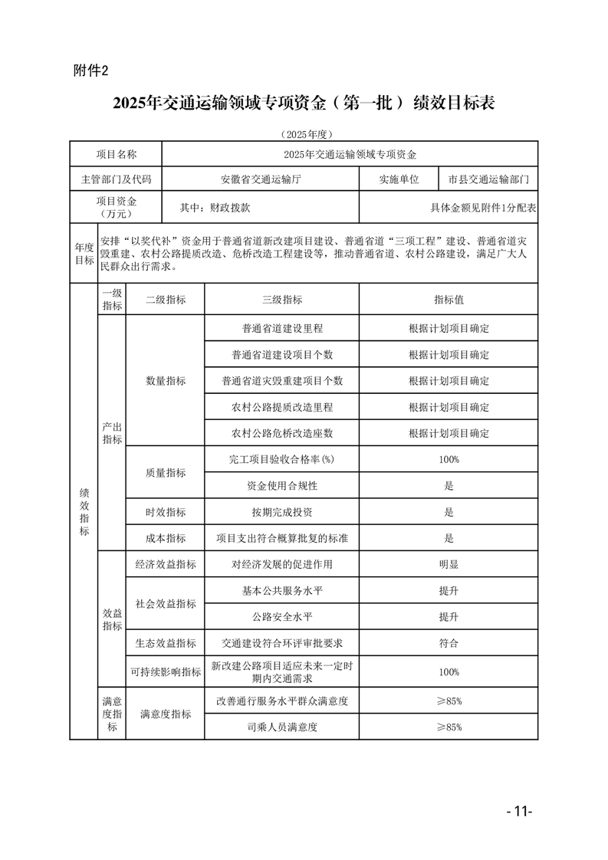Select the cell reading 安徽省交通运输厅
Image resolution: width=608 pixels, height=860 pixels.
click(x=261, y=179)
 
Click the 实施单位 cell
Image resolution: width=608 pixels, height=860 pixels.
click(x=399, y=179)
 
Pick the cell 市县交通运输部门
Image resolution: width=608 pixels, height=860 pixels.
click(x=488, y=179)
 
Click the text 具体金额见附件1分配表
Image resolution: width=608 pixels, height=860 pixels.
click(x=483, y=207)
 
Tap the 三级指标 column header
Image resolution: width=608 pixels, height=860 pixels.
click(x=282, y=300)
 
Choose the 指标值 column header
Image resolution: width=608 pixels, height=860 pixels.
click(x=449, y=300)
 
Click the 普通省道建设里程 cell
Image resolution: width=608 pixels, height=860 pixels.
click(x=282, y=328)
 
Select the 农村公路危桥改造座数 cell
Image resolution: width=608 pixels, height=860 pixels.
click(x=282, y=433)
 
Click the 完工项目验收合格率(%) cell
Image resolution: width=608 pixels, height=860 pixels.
click(x=282, y=459)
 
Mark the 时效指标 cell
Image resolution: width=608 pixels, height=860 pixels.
click(x=166, y=512)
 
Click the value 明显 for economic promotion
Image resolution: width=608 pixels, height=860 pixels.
click(x=449, y=564)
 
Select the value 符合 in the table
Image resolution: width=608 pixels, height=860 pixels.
click(x=449, y=643)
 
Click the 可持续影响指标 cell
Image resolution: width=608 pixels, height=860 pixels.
click(x=166, y=672)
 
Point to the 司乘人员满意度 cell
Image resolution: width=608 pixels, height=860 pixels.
click(x=282, y=727)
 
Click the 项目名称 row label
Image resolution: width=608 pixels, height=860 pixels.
click(x=117, y=154)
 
